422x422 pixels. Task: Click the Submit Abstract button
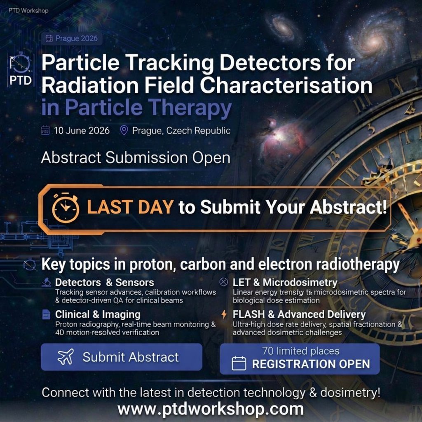(x=121, y=357)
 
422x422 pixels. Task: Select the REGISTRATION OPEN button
(x=300, y=359)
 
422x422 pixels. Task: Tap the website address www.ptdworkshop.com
(x=211, y=409)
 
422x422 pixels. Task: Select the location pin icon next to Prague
(x=124, y=131)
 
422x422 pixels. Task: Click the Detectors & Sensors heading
(x=104, y=283)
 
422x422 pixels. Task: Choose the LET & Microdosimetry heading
(x=285, y=283)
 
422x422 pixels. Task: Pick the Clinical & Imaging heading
(x=98, y=314)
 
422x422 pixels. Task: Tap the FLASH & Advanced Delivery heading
(x=299, y=314)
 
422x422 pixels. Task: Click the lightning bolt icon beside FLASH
(x=224, y=314)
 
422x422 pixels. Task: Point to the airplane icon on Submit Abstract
(x=66, y=357)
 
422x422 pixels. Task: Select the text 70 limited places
(x=301, y=351)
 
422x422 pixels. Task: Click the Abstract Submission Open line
(x=136, y=158)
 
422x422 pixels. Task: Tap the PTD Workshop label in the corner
(x=28, y=10)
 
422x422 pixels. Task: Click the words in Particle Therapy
(x=136, y=108)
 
